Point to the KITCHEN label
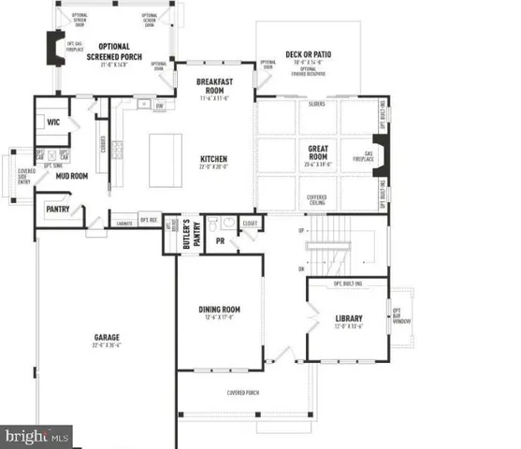tap(214, 160)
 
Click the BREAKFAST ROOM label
tap(214, 85)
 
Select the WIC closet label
tap(53, 121)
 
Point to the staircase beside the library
tap(333, 245)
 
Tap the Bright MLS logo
tap(37, 435)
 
